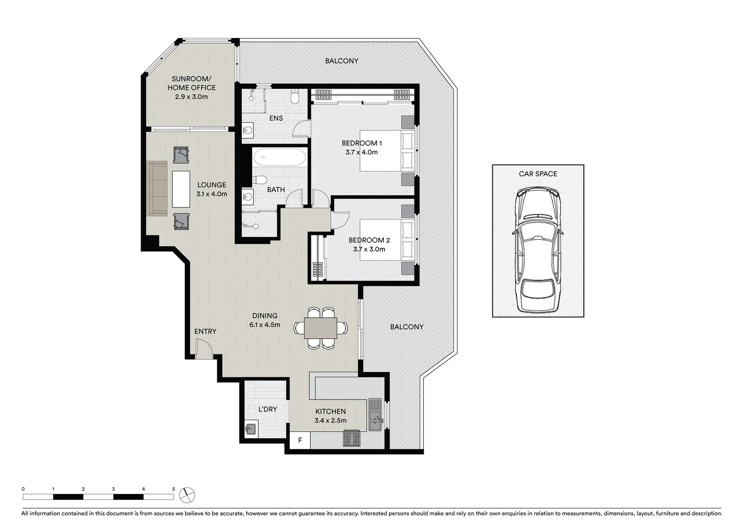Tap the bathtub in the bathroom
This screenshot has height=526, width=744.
[279, 157]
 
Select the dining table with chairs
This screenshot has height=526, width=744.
[321, 328]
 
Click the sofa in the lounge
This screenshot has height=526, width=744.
[158, 188]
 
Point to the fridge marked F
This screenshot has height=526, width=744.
[300, 440]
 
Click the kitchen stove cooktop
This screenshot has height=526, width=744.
[351, 439]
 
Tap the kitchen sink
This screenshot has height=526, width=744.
[375, 414]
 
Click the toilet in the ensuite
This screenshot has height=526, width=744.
[294, 96]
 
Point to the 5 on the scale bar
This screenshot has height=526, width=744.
[173, 488]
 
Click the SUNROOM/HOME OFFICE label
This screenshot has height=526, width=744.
[191, 83]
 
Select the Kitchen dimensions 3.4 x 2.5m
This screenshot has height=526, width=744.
[330, 421]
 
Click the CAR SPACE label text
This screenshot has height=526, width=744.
[538, 173]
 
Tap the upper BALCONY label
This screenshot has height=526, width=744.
[342, 61]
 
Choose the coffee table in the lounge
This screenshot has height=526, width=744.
[181, 188]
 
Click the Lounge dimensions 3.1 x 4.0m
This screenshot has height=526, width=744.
[212, 194]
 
